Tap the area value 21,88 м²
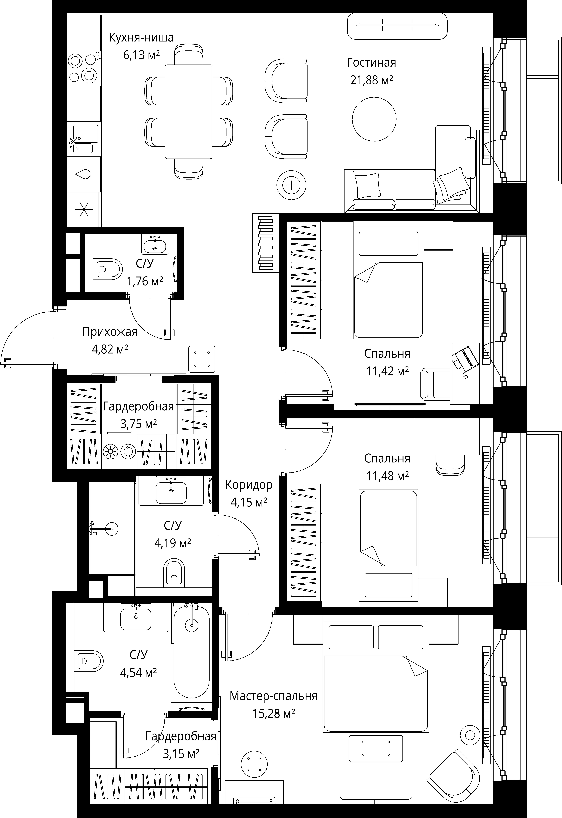pyautogui.click(x=371, y=80)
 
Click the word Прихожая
pyautogui.click(x=110, y=332)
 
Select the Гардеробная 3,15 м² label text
pyautogui.click(x=181, y=745)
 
